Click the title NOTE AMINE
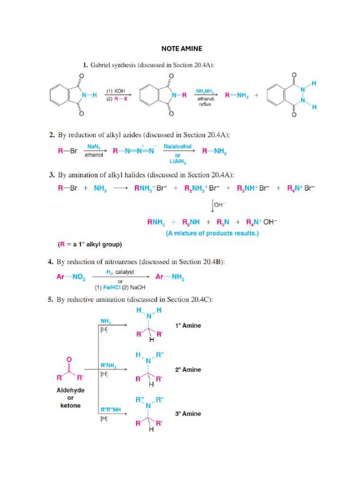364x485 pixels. tap(182, 48)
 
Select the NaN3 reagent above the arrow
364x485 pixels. tap(93, 147)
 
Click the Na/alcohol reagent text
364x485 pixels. tap(178, 147)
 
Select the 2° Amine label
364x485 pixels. tap(188, 370)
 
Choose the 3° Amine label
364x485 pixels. tap(188, 413)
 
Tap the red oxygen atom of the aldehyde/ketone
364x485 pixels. tap(70, 359)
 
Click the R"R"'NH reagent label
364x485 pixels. tap(111, 409)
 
